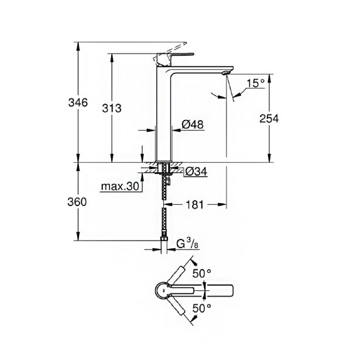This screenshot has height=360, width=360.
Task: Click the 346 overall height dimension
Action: pyautogui.click(x=77, y=103)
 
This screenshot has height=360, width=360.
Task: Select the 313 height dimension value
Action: pyautogui.click(x=111, y=108)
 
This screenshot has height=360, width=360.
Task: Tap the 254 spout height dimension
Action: pyautogui.click(x=269, y=118)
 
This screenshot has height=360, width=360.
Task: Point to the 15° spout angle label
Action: pyautogui.click(x=255, y=83)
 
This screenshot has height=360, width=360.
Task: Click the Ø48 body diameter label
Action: pyautogui.click(x=192, y=124)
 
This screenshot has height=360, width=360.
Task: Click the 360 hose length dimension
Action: pyautogui.click(x=77, y=202)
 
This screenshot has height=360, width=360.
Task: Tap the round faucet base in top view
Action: pyautogui.click(x=166, y=290)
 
